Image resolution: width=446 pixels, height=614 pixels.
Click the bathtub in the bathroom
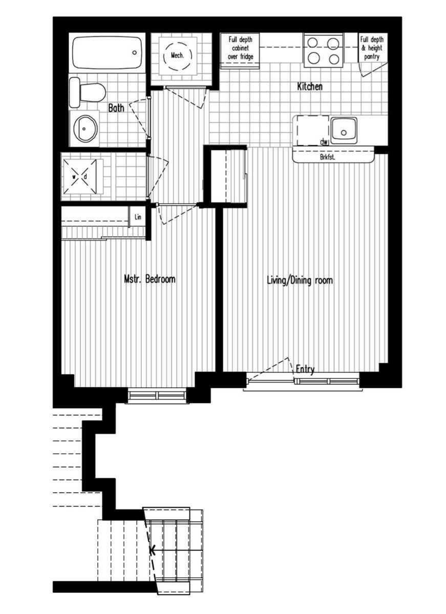pyautogui.click(x=107, y=52)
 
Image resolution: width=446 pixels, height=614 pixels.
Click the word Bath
pyautogui.click(x=117, y=108)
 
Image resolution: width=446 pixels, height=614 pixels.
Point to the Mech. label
pyautogui.click(x=178, y=55)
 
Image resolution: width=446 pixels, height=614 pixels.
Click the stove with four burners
pyautogui.click(x=323, y=50)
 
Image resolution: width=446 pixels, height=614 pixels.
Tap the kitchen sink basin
pyautogui.click(x=344, y=130)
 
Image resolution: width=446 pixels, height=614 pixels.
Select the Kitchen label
pyautogui.click(x=310, y=86)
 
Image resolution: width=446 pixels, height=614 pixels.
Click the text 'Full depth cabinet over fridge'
pyautogui.click(x=240, y=48)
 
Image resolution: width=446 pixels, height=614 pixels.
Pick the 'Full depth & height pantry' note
pyautogui.click(x=372, y=48)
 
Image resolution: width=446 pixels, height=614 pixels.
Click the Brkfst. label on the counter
pyautogui.click(x=327, y=157)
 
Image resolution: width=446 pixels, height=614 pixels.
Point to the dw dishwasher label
pyautogui.click(x=323, y=142)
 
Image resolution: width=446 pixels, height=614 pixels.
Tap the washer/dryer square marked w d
pyautogui.click(x=79, y=177)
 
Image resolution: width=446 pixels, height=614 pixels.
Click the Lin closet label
pyautogui.click(x=137, y=217)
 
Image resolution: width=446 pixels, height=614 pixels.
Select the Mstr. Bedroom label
pyautogui.click(x=150, y=279)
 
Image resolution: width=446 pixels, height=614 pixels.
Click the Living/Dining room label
pyautogui.click(x=300, y=280)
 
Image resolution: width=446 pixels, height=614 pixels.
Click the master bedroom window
pyautogui.click(x=157, y=396)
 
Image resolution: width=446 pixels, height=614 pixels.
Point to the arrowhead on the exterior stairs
pyautogui.click(x=152, y=551)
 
